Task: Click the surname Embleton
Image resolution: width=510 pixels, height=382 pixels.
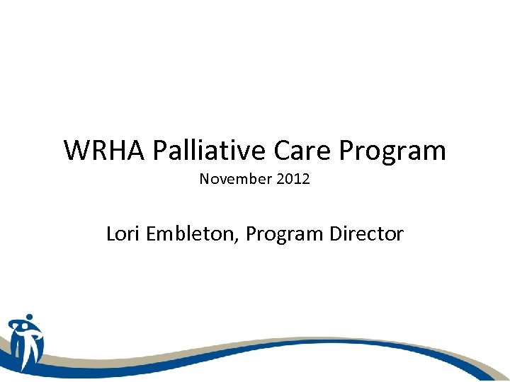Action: click(x=189, y=233)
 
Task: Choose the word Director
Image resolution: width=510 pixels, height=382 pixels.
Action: click(x=367, y=233)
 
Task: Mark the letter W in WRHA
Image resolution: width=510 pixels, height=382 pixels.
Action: click(x=76, y=150)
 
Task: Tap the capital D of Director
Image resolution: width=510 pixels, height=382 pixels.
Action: click(x=336, y=233)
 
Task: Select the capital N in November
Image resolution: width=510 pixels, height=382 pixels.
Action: click(x=204, y=179)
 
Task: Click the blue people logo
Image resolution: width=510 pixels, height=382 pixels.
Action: click(x=25, y=342)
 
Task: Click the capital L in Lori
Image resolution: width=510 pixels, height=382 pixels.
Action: click(x=110, y=233)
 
